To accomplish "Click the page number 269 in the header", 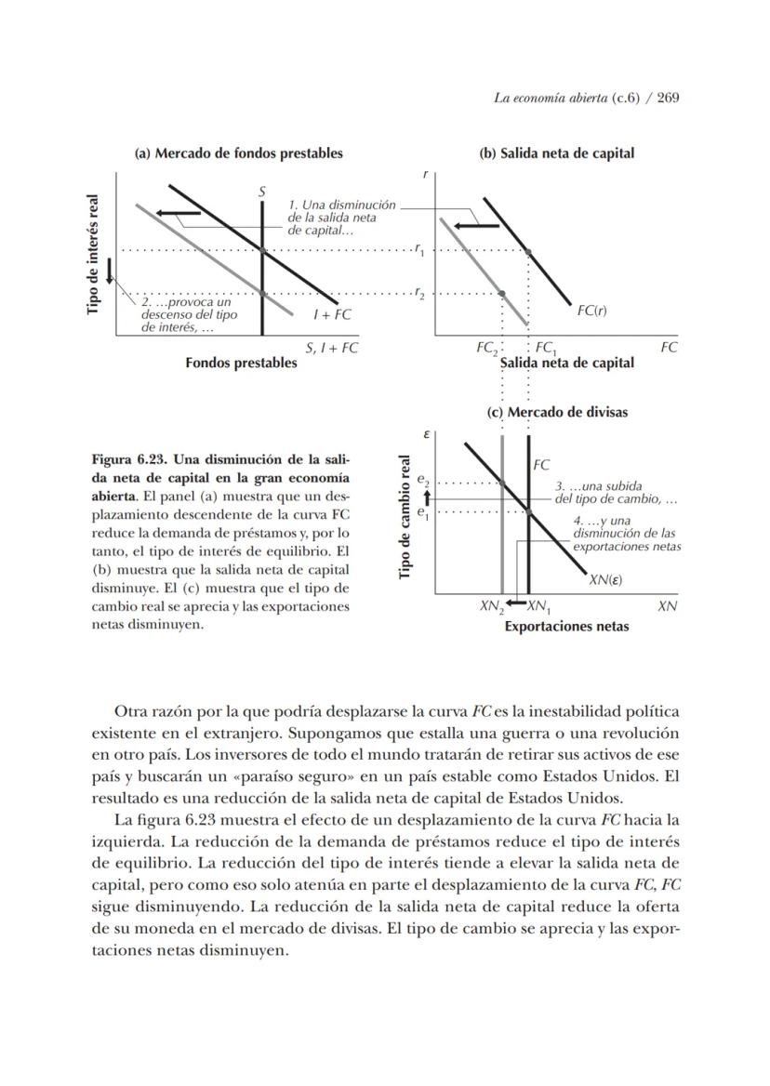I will [x=668, y=98].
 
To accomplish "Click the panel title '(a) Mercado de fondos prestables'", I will [x=238, y=153].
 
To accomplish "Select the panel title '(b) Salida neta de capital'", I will [x=556, y=153].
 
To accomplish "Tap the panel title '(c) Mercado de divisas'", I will [x=557, y=412].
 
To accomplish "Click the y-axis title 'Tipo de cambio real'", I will [x=405, y=517].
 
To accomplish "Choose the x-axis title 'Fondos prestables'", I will [x=241, y=363].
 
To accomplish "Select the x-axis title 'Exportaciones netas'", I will [x=566, y=626].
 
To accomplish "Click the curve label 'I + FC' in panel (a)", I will [x=332, y=314].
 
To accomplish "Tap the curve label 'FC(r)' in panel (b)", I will [x=591, y=310].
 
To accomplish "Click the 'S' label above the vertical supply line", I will [x=262, y=192].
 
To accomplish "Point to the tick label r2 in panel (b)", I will [x=420, y=294].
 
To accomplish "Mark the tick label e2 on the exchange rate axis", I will [x=423, y=482].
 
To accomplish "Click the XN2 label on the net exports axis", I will [x=491, y=606].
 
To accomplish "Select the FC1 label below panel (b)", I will [x=546, y=348].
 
